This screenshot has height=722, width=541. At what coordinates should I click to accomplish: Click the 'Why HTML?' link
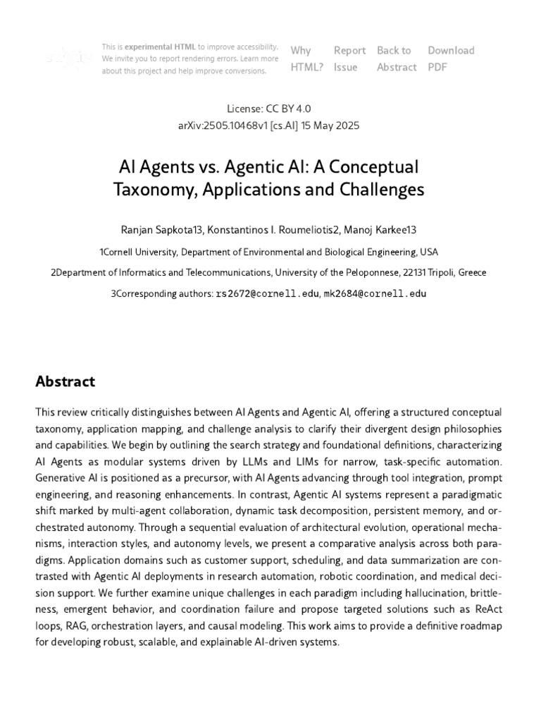[x=306, y=59]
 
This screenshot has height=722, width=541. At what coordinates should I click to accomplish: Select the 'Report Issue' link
[x=349, y=59]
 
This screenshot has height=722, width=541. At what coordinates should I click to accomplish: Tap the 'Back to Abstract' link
[x=396, y=59]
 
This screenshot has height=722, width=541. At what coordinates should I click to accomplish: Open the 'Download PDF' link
[x=450, y=59]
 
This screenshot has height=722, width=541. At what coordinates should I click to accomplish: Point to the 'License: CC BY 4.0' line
[x=269, y=109]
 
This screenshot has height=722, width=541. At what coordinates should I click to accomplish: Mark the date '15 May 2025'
[x=330, y=126]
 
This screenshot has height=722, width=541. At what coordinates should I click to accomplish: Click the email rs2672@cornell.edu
[x=267, y=293]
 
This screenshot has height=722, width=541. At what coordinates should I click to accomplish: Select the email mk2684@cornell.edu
[x=375, y=293]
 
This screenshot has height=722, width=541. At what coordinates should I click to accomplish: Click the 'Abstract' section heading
[x=65, y=381]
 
